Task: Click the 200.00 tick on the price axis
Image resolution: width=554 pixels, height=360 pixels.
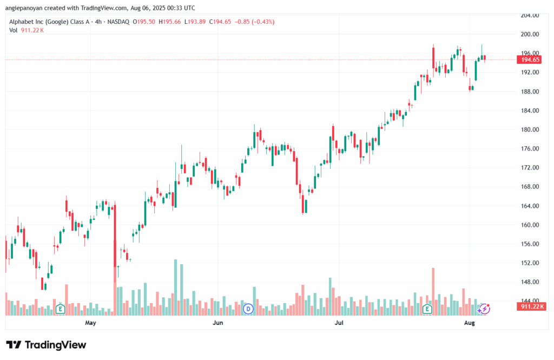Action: [x=530, y=34]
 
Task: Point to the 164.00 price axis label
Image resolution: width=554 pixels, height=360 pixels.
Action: [x=530, y=206]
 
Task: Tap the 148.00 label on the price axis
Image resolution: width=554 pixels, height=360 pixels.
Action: [x=530, y=282]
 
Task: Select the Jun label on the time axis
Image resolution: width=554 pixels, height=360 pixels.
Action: [x=217, y=323]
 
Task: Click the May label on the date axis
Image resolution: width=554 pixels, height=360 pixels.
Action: [x=90, y=323]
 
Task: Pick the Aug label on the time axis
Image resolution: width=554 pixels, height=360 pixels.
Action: [x=469, y=323]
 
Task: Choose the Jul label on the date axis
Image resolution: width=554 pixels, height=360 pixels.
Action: [x=339, y=323]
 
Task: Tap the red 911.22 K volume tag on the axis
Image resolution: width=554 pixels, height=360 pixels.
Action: [x=531, y=306]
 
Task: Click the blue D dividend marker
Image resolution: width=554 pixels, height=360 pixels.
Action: [x=248, y=309]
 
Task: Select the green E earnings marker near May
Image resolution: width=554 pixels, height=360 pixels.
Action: [x=61, y=309]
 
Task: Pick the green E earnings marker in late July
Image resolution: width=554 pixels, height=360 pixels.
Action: [x=427, y=309]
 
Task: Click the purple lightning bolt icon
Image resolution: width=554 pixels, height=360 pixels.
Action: [x=484, y=309]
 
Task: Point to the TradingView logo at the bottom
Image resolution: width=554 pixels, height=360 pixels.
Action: [x=46, y=345]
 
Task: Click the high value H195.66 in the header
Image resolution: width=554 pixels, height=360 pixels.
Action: [x=169, y=22]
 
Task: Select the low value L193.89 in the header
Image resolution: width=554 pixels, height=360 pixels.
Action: [x=195, y=22]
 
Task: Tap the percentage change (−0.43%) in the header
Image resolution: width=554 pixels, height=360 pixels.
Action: [x=262, y=22]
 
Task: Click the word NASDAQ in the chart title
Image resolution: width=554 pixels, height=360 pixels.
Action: [x=118, y=22]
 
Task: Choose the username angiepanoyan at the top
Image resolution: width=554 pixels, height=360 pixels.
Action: [x=24, y=8]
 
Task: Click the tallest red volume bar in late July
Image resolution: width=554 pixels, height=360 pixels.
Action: [x=433, y=291]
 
